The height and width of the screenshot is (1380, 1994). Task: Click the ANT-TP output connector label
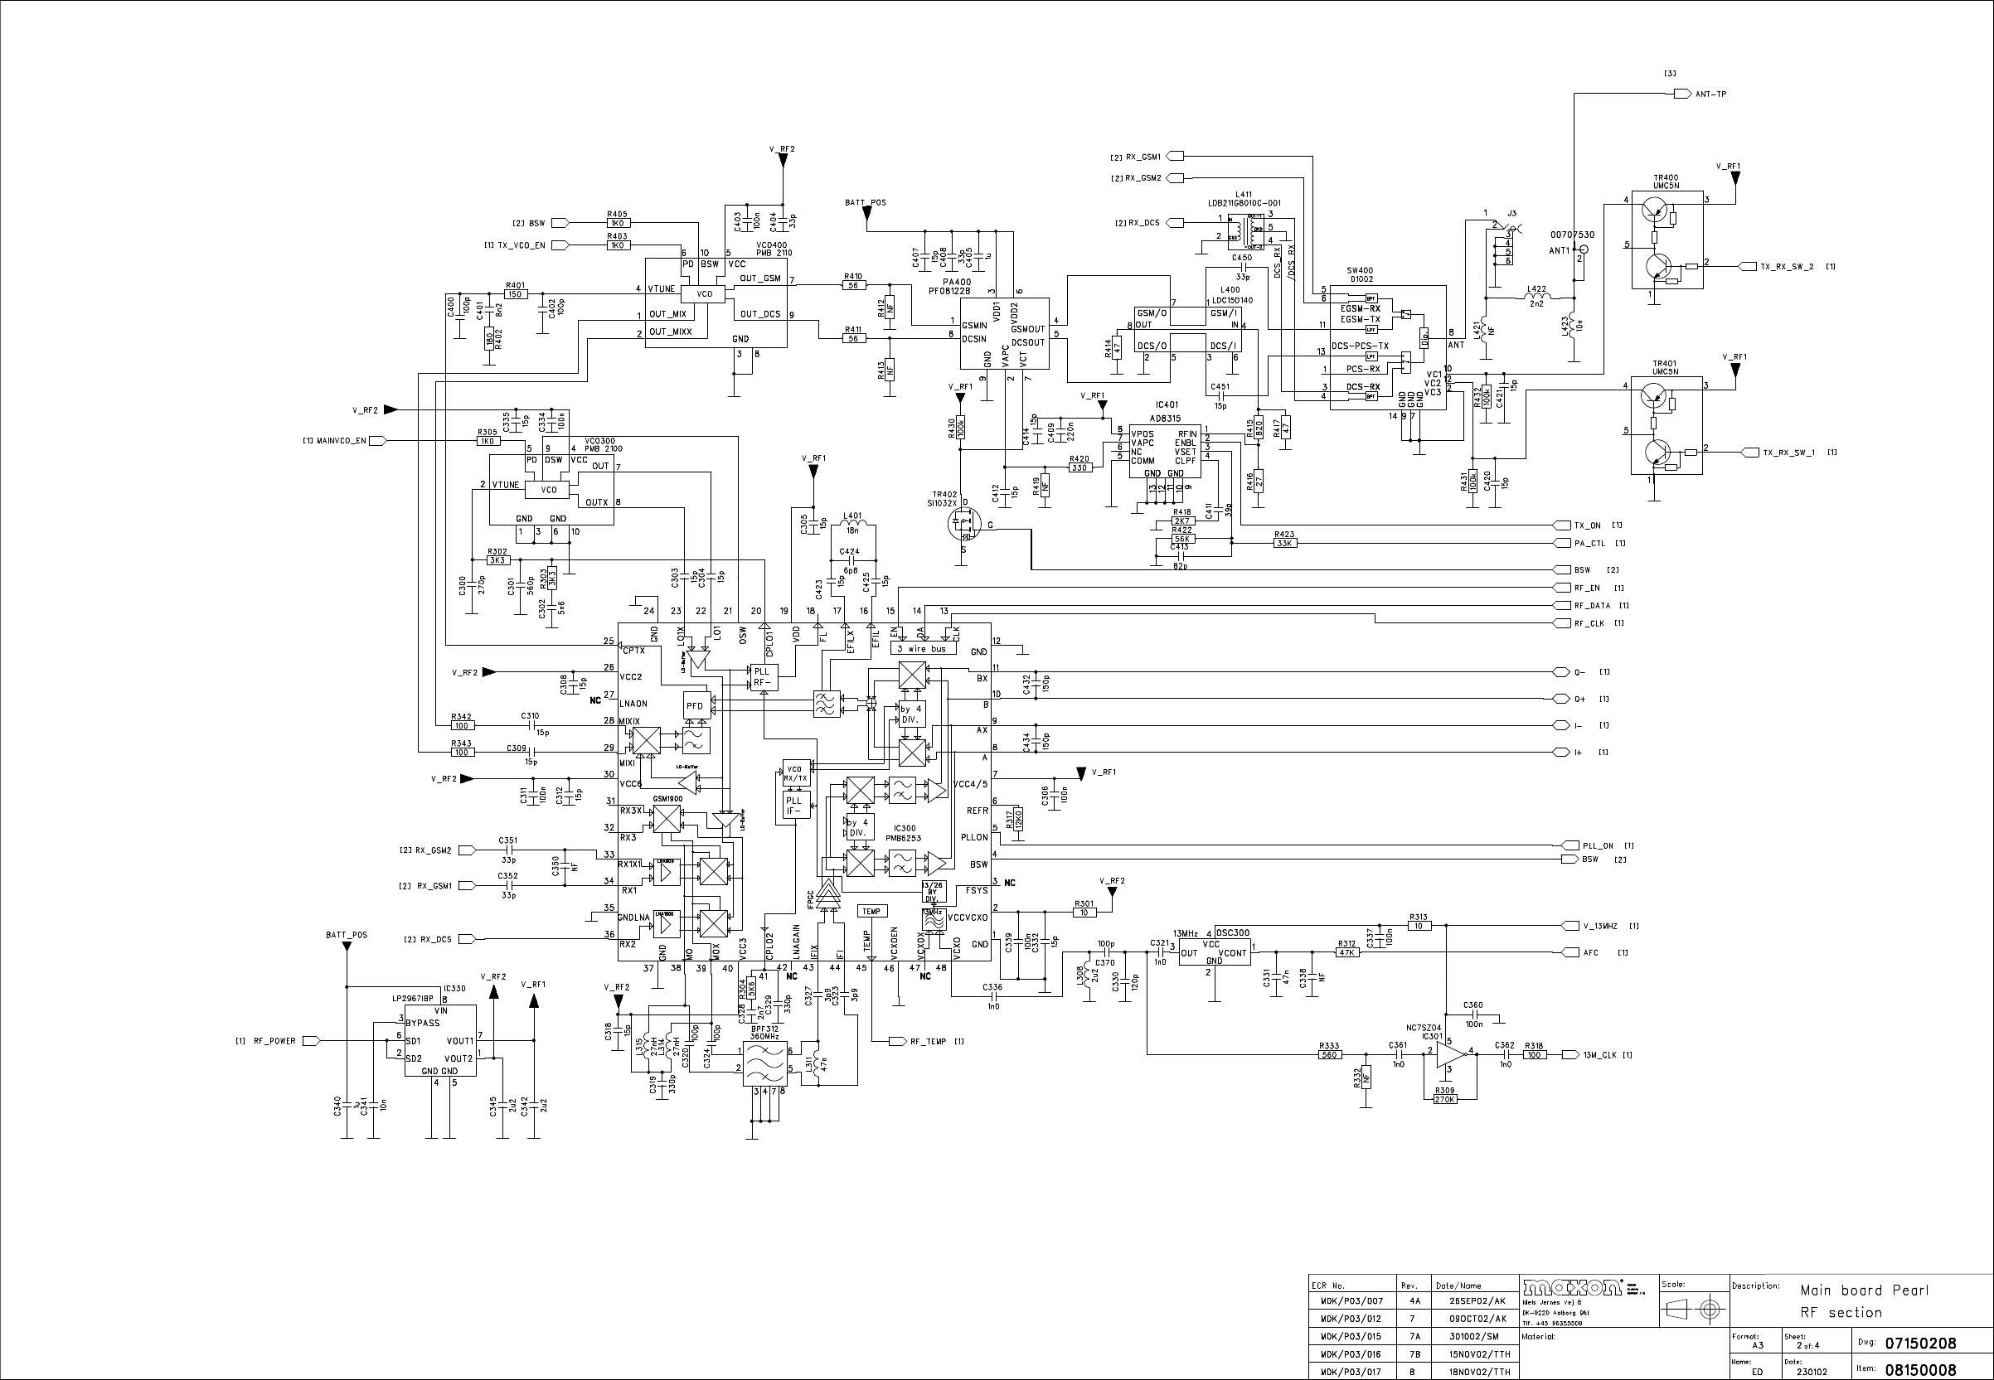point(1710,94)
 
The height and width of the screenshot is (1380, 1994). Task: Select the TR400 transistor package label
point(1666,182)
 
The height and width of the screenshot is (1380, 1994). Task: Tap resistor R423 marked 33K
point(1284,543)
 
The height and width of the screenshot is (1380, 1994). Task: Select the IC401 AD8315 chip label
point(1166,411)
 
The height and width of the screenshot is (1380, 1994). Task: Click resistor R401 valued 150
point(516,294)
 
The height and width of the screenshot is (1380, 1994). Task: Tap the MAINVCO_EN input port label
point(342,441)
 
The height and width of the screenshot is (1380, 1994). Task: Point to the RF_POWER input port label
point(274,1041)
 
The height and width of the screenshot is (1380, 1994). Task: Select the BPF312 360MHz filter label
point(764,1033)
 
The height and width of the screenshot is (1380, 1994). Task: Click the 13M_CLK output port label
point(1599,1055)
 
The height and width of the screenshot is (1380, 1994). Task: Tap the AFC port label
point(1590,953)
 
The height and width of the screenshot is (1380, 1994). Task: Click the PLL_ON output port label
point(1597,845)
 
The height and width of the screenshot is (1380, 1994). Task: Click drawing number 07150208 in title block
point(1919,1344)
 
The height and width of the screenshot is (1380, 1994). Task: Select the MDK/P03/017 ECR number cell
point(1351,1372)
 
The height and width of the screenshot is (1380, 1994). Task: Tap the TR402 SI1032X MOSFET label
point(944,499)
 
